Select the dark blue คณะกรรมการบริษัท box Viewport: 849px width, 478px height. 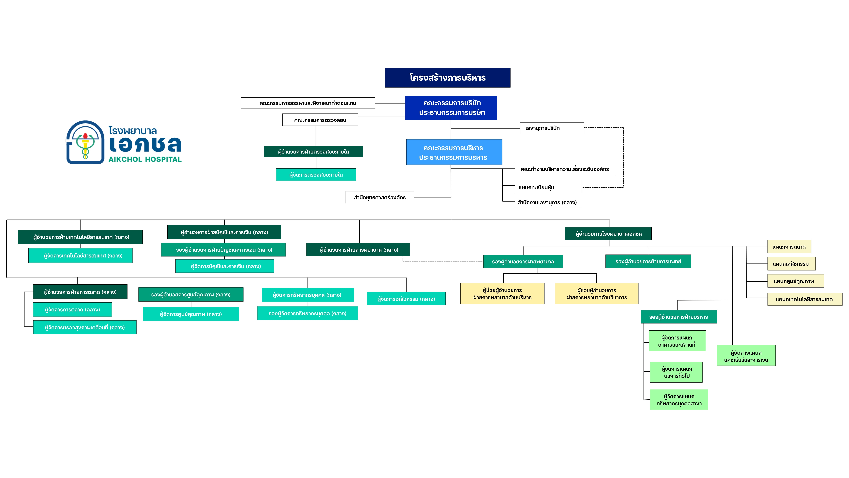pyautogui.click(x=451, y=108)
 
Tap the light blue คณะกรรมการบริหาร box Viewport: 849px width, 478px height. pyautogui.click(x=454, y=152)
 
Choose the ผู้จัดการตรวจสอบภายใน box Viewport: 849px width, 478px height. pyautogui.click(x=316, y=175)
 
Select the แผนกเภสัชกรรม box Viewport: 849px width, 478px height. pyautogui.click(x=791, y=264)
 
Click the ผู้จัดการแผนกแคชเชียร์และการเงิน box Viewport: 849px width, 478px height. pyautogui.click(x=746, y=356)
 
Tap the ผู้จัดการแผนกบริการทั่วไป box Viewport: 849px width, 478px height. pyautogui.click(x=676, y=372)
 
